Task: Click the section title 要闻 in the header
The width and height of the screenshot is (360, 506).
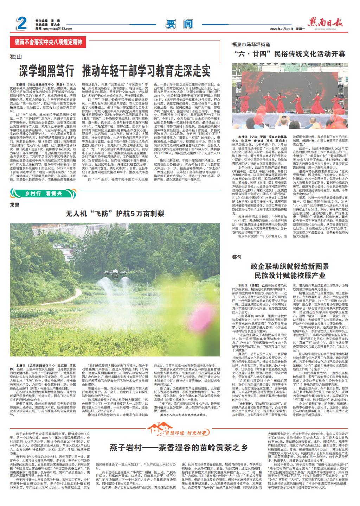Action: click(180, 24)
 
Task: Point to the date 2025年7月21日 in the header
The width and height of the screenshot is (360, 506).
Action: click(282, 29)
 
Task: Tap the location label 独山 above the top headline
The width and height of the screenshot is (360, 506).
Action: click(16, 56)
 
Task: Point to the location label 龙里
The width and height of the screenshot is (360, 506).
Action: click(15, 204)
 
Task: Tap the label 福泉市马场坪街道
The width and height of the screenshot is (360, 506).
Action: click(251, 45)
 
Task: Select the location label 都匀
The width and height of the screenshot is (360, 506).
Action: click(237, 258)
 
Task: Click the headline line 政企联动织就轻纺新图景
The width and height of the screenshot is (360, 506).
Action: click(290, 266)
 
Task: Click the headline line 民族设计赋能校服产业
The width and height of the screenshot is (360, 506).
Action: click(290, 275)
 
